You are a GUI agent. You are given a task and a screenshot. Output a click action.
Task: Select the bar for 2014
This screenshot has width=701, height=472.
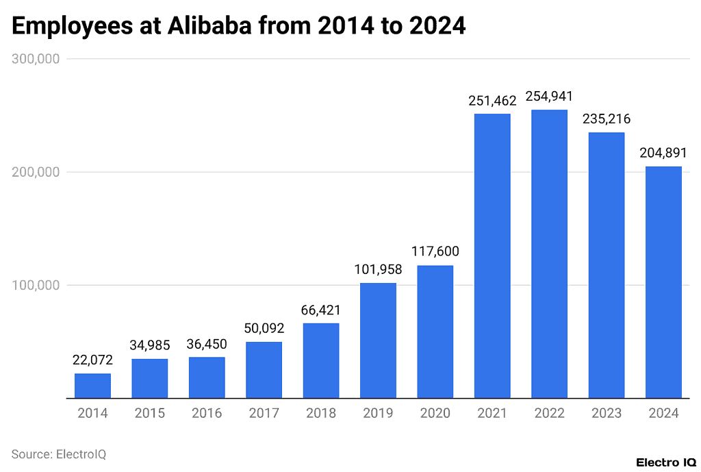pyautogui.click(x=92, y=386)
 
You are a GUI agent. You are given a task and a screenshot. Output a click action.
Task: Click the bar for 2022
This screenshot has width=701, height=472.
pyautogui.click(x=549, y=253)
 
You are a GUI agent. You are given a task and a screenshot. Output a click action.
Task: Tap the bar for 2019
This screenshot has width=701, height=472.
pyautogui.click(x=378, y=340)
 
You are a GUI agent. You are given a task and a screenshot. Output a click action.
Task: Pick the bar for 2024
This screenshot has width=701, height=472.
pyautogui.click(x=663, y=282)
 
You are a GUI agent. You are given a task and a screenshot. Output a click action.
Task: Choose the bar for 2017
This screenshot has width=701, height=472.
pyautogui.click(x=264, y=370)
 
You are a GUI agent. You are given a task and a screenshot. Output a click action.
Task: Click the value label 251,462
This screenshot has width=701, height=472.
pyautogui.click(x=492, y=101)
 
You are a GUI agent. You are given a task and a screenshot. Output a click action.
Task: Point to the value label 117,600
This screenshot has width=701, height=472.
pyautogui.click(x=435, y=251)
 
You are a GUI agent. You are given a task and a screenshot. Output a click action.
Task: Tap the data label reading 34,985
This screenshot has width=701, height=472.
pyautogui.click(x=149, y=345)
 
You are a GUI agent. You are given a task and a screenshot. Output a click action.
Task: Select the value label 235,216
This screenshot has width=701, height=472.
pyautogui.click(x=606, y=119)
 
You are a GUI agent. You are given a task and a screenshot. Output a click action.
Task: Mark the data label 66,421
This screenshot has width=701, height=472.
pyautogui.click(x=320, y=310)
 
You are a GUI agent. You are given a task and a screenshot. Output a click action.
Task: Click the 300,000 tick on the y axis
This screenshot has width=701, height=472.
pyautogui.click(x=36, y=59)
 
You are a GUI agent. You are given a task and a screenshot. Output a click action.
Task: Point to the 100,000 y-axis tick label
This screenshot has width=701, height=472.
pyautogui.click(x=36, y=285)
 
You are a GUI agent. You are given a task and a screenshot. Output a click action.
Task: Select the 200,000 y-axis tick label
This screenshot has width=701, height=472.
pyautogui.click(x=36, y=172)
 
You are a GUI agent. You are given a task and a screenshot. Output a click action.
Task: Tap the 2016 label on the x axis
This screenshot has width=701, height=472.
pyautogui.click(x=206, y=413)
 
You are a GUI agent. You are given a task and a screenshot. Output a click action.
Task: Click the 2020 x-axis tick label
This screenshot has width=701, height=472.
pyautogui.click(x=435, y=413)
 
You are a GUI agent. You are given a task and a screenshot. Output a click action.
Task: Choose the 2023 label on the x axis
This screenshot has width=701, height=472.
pyautogui.click(x=606, y=413)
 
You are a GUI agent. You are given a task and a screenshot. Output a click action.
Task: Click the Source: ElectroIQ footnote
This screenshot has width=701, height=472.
pyautogui.click(x=59, y=454)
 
